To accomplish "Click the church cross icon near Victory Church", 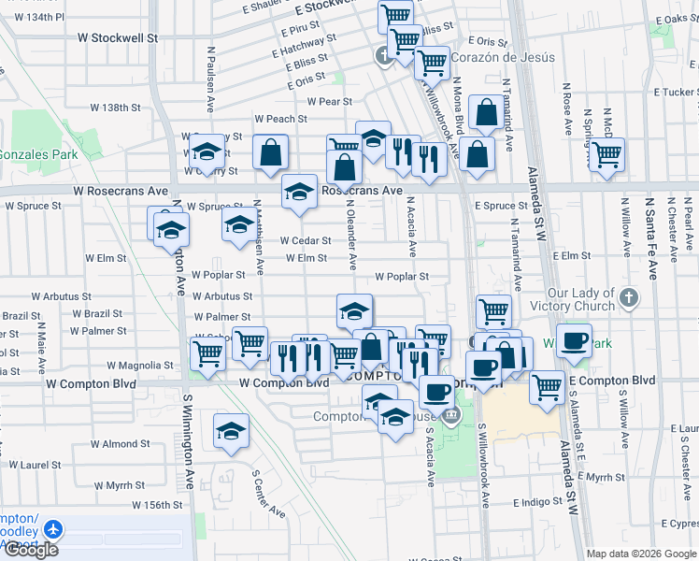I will (x=630, y=298).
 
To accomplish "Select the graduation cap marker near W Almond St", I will (x=231, y=431).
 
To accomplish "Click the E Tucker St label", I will (x=675, y=92).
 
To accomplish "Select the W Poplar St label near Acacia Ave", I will (x=402, y=277).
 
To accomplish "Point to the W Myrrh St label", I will (x=118, y=485).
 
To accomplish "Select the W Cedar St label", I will (x=305, y=240).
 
